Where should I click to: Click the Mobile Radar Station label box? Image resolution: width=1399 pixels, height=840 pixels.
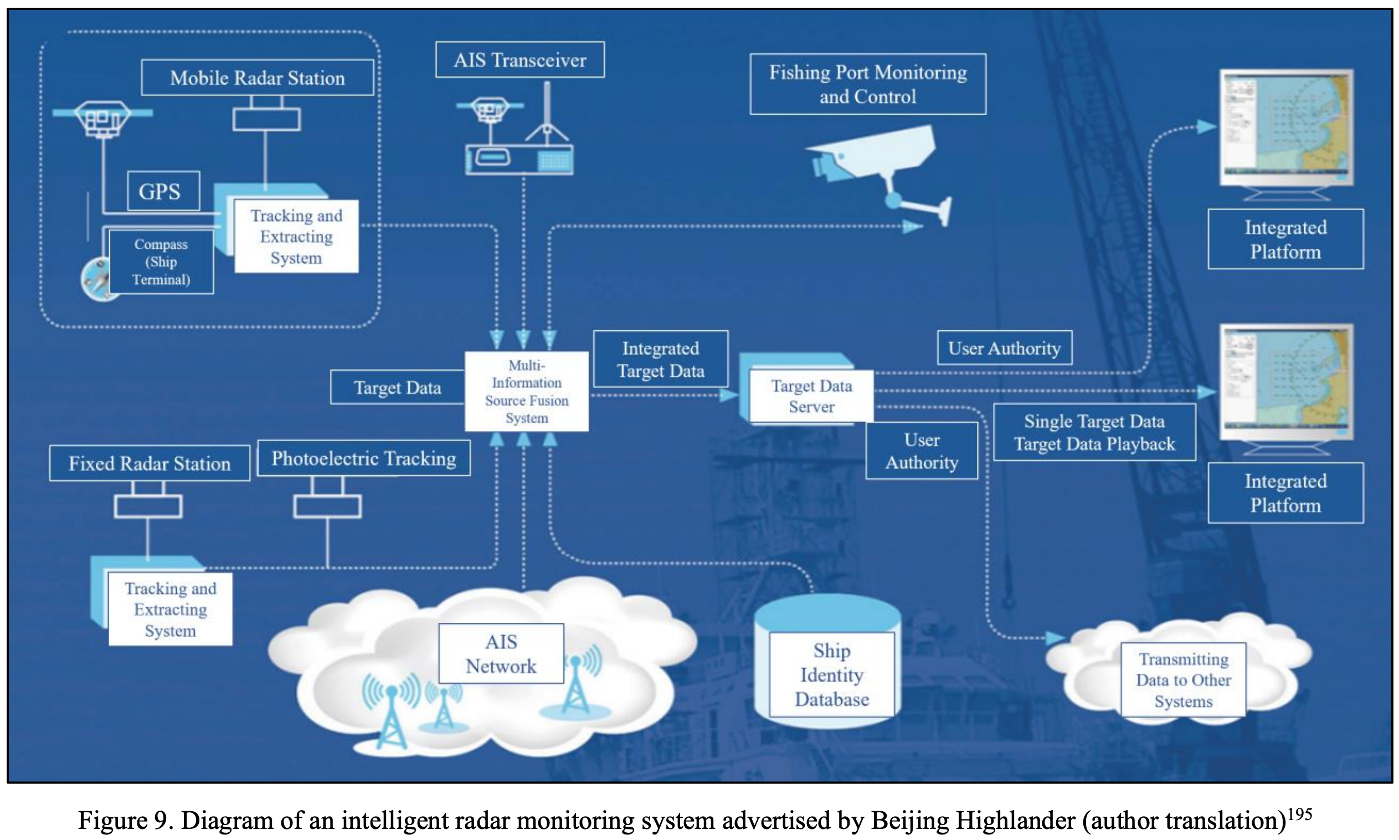[x=258, y=78]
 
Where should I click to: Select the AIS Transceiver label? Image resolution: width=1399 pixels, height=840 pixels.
[x=520, y=59]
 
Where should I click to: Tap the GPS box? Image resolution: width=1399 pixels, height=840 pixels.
[x=163, y=191]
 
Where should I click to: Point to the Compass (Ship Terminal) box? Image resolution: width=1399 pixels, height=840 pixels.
[x=161, y=262]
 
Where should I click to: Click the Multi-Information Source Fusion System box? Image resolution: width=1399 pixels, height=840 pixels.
[x=526, y=392]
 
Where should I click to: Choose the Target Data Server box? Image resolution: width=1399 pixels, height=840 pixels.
[x=811, y=396]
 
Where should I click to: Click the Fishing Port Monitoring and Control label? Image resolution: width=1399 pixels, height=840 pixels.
[x=867, y=84]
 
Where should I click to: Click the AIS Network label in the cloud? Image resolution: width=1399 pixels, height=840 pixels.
[x=501, y=654]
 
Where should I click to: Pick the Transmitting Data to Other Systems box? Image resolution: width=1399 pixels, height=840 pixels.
[x=1183, y=680]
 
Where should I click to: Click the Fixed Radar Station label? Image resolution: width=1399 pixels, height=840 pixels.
[x=150, y=464]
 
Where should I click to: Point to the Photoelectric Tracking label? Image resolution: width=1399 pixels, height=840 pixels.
[x=363, y=458]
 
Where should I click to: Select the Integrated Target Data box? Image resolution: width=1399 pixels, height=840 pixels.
[x=660, y=359]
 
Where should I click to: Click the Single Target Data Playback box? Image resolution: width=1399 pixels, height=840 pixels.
[x=1093, y=432]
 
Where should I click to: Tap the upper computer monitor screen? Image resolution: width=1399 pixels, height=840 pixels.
[x=1285, y=126]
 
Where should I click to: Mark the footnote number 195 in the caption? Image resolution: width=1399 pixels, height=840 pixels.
[x=1299, y=814]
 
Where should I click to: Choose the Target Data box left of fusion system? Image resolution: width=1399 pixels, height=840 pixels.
[x=397, y=387]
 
